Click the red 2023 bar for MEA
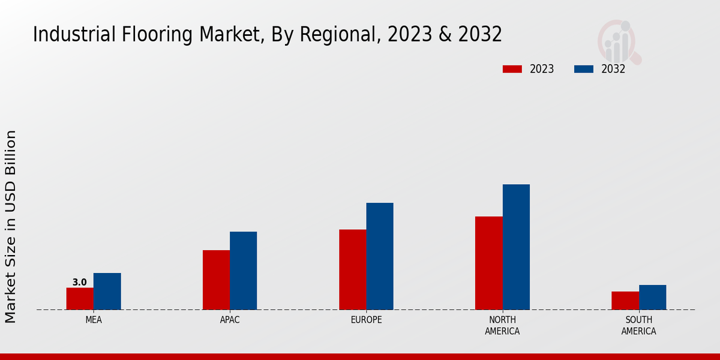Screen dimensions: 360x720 tap(80, 299)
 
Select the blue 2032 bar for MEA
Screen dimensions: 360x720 tap(107, 292)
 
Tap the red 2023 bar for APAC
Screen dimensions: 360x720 tap(216, 280)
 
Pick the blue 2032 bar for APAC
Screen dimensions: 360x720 tap(243, 271)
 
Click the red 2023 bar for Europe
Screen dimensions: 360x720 tap(352, 269)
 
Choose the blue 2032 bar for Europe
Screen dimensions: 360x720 tap(380, 256)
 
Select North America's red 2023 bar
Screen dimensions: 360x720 tap(488, 263)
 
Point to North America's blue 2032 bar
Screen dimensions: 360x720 tap(516, 247)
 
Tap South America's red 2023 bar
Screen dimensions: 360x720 tap(625, 301)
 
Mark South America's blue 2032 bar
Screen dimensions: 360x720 tap(652, 297)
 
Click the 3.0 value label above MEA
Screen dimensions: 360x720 tap(80, 282)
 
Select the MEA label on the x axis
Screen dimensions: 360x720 tap(94, 320)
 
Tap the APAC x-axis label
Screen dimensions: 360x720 tap(230, 320)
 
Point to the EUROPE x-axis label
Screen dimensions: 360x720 tap(366, 320)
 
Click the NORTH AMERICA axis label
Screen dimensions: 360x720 tap(502, 325)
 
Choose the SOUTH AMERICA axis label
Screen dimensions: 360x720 tap(638, 325)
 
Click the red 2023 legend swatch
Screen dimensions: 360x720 tap(512, 69)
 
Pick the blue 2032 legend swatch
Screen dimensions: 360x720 tap(583, 69)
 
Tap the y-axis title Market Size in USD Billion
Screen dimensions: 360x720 tap(11, 226)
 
